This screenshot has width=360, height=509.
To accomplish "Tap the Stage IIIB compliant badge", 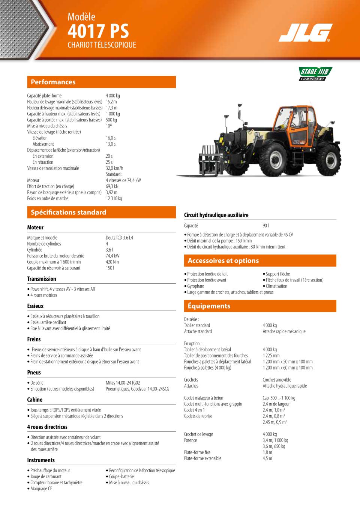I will tap(315, 74).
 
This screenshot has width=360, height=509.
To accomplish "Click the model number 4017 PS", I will tap(98, 31).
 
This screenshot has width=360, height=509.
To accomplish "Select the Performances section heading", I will tap(53, 82).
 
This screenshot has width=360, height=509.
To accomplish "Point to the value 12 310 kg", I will tap(114, 198).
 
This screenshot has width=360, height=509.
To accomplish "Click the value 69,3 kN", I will tap(112, 186).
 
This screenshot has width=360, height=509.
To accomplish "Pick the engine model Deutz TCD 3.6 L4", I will tap(119, 238).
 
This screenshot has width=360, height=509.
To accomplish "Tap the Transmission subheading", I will tap(42, 279).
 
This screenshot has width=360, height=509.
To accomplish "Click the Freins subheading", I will tap(34, 339).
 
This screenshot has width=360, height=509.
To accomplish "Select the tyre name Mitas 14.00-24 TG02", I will tap(123, 383).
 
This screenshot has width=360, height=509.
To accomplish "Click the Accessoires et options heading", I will tap(223, 260).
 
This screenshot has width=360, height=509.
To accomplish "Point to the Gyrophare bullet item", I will tap(195, 286).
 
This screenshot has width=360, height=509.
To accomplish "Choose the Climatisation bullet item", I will tap(276, 286).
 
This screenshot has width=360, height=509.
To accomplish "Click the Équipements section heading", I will tap(209, 306).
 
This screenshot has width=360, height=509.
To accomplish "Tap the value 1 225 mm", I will tap(271, 355).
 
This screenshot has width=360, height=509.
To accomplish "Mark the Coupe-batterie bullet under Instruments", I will tap(121, 476).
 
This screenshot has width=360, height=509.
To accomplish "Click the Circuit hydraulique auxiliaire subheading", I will tap(216, 215).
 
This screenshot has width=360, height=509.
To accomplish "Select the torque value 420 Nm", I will tap(112, 262).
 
